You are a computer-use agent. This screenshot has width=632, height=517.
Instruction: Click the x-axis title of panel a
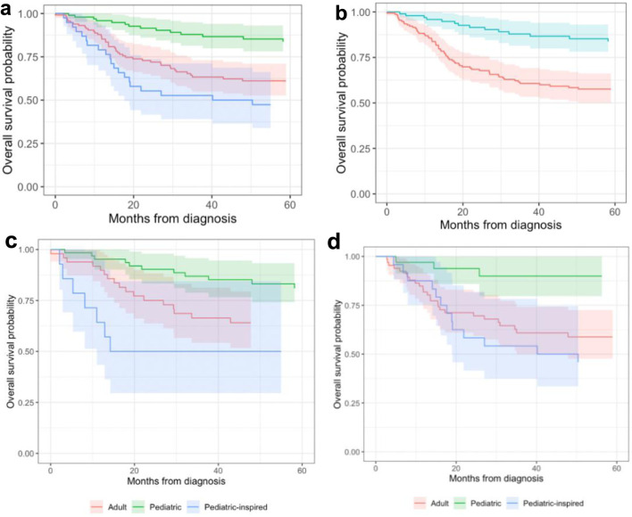pyautogui.click(x=172, y=217)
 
